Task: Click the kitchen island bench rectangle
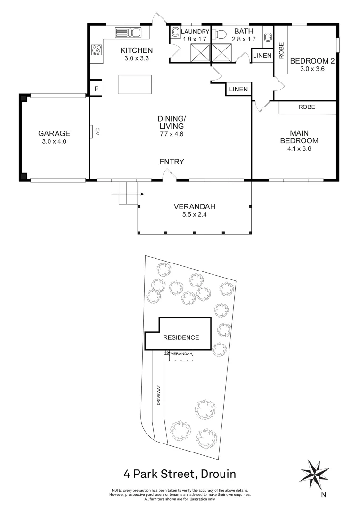tap(135, 85)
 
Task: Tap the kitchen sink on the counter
tap(129, 33)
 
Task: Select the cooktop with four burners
tap(97, 49)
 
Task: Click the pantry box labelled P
tap(96, 89)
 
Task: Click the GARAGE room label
tap(54, 133)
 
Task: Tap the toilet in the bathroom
tap(220, 33)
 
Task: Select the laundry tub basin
tap(175, 33)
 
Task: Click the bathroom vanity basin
tap(268, 37)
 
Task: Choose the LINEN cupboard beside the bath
tap(262, 56)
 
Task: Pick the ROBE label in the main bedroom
tap(307, 107)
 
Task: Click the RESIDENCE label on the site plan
tap(180, 337)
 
